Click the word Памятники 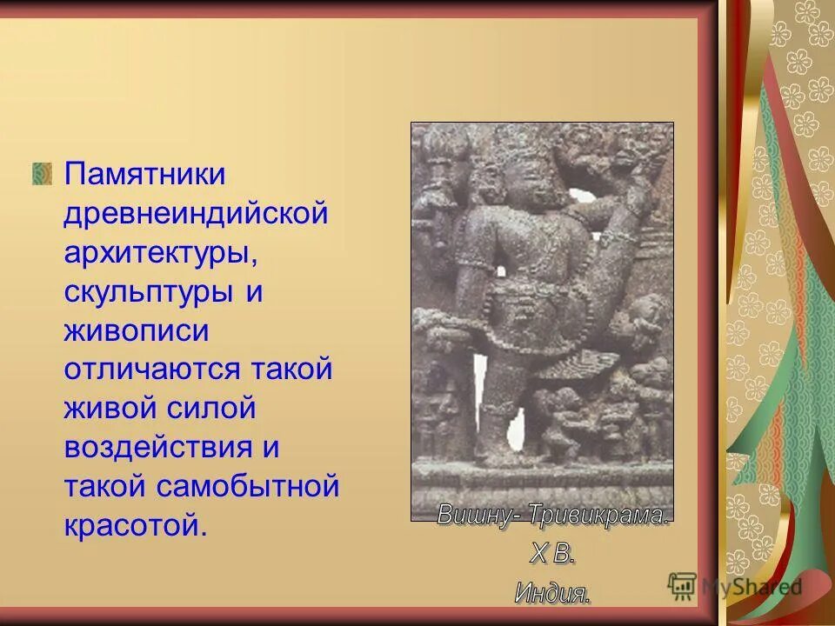pyautogui.click(x=144, y=174)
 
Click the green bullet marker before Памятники pyautogui.click(x=43, y=173)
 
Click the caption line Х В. pyautogui.click(x=552, y=553)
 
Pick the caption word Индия pyautogui.click(x=552, y=593)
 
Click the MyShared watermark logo pyautogui.click(x=735, y=585)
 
